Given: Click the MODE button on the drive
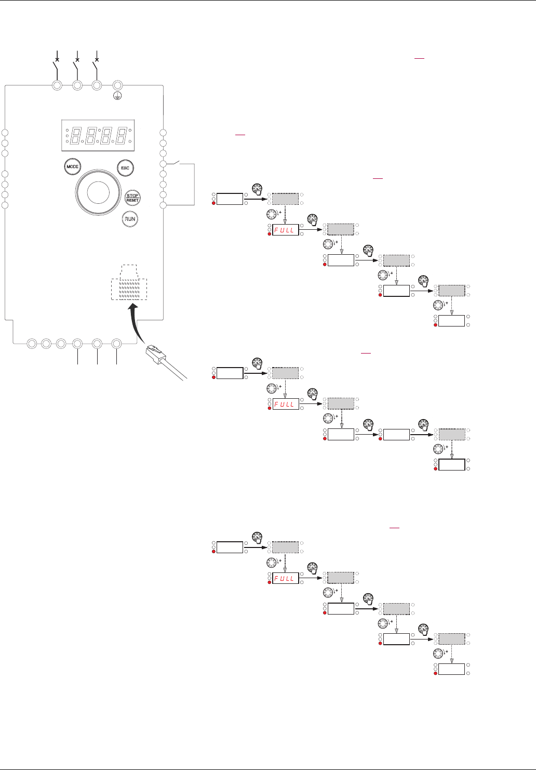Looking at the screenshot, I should point(72,167).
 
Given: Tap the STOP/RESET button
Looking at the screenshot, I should point(132,198).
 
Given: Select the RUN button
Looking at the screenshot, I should point(130,219).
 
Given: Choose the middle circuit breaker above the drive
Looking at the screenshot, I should point(77,66).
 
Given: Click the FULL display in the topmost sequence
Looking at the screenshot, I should point(285,230).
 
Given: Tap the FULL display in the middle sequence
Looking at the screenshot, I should point(285,404).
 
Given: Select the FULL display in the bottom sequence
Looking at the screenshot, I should point(285,578).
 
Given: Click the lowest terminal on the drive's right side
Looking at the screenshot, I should point(163,205).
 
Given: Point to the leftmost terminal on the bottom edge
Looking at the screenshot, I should point(32,344).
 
